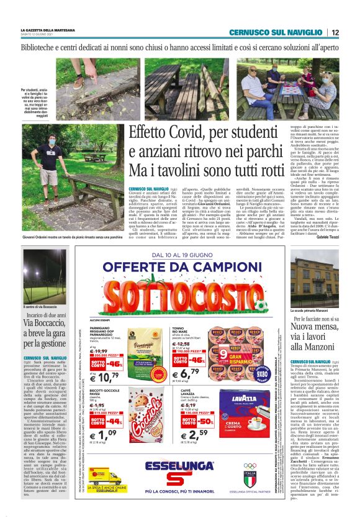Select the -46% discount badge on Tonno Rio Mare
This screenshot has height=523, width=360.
pos(197,360)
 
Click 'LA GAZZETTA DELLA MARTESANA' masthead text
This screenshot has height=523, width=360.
pos(49,30)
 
